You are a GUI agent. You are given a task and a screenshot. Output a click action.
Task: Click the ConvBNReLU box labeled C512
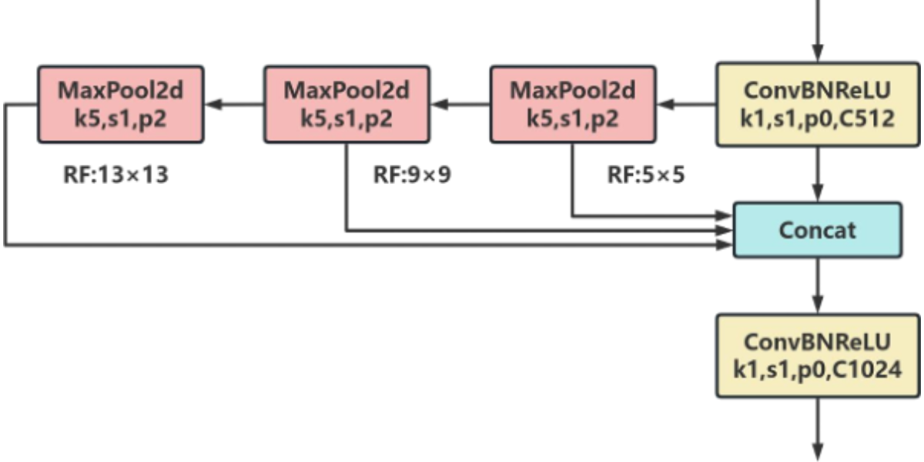818,105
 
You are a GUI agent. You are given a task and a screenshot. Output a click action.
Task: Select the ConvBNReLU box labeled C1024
818,355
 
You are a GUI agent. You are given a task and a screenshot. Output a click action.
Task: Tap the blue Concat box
818,229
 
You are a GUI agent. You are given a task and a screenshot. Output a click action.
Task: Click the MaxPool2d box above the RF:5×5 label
573,105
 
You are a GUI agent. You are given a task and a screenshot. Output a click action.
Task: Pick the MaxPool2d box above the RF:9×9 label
346,105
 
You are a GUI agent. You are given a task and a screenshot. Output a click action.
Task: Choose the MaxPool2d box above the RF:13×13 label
121,105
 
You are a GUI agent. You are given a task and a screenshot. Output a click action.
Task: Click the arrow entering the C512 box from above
818,31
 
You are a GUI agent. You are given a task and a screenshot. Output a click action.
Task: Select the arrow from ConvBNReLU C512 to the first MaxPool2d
686,105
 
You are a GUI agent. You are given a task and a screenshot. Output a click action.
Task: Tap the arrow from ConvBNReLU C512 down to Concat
818,174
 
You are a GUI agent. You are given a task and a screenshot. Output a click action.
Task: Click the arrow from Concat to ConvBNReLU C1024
818,285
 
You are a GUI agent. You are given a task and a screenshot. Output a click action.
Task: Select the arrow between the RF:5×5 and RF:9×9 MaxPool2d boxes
460,105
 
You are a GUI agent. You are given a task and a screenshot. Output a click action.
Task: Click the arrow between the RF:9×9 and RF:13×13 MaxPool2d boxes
234,105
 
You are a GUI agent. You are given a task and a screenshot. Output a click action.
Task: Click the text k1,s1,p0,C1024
818,370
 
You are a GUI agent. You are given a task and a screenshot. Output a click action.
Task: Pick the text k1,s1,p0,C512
818,120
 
